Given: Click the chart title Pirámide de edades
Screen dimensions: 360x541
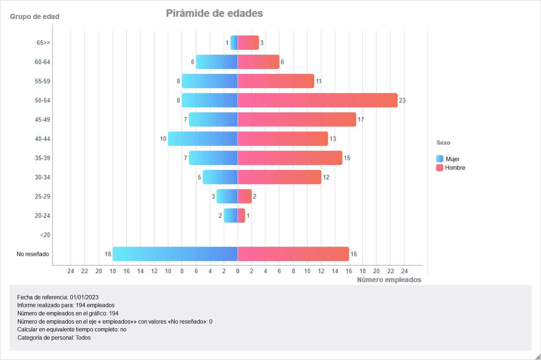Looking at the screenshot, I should coord(214,13).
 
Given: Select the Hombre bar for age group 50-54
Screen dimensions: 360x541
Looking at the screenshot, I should coord(317,100).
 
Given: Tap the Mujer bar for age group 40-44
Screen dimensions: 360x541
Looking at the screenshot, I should coord(203,139).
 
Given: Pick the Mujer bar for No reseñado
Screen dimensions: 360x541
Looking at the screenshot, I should coord(175,254).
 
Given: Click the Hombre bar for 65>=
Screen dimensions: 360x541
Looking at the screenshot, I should coord(248,42).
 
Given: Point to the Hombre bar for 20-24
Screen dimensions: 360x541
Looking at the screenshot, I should coord(241,215).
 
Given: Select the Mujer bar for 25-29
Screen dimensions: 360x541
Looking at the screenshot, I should coord(227,196).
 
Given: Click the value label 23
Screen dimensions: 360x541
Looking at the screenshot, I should coord(402,100).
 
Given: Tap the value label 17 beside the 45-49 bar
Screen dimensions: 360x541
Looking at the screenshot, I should coord(361,120).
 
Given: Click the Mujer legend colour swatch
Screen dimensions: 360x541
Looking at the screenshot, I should coord(440,159).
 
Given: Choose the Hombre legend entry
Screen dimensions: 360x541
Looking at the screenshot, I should coord(455,167).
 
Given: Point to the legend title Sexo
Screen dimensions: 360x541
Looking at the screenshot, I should coord(443,142).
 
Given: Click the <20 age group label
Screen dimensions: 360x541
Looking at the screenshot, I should coord(45,235).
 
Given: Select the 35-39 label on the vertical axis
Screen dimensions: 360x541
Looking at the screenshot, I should coord(42,158).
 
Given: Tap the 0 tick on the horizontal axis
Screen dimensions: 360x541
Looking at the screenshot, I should coord(238,271).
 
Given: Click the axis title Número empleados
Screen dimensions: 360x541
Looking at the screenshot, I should coord(389,280).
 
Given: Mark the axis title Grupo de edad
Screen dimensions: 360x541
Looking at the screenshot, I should coord(35,16).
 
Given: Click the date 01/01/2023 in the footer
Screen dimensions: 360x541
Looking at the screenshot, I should coord(84,297).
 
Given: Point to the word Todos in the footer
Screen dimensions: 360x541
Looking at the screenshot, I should coord(83,337).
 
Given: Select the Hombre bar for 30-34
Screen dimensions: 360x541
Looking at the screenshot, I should coord(279,177).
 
